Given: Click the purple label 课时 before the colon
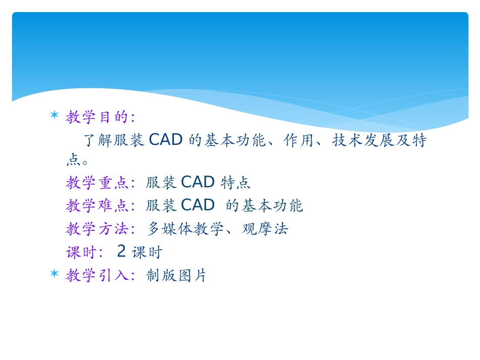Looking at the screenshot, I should click(x=81, y=252).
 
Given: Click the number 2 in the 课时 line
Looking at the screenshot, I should click(x=121, y=251).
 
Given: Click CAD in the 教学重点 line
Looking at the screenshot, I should click(x=198, y=182).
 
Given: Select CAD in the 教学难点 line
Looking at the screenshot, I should click(x=198, y=205).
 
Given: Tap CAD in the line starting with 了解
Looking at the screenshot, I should click(x=166, y=140).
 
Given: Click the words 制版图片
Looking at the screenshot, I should click(x=176, y=276).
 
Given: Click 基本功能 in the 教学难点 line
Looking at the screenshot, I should click(x=272, y=205).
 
